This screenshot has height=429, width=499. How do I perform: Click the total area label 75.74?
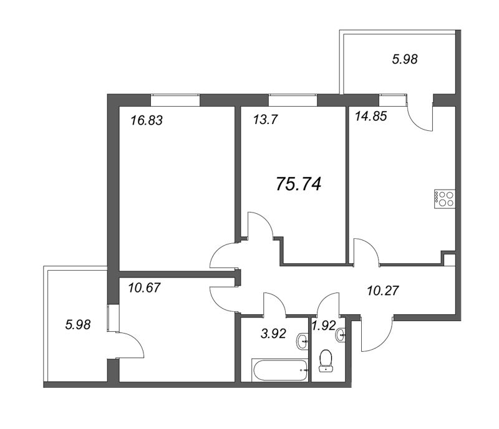(299, 184)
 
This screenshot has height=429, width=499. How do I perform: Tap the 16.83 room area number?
(147, 120)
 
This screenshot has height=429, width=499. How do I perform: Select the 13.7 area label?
(266, 120)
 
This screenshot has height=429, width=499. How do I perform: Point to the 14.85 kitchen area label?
(371, 116)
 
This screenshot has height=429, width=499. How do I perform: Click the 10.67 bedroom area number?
(144, 287)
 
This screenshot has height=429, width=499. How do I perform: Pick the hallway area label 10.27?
(383, 291)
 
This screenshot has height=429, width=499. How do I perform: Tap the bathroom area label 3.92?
(273, 334)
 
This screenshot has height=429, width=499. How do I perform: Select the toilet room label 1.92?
(324, 325)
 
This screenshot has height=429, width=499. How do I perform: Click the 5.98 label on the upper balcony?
(405, 59)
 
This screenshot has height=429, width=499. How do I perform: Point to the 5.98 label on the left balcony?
(78, 325)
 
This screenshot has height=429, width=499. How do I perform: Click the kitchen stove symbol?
(445, 200)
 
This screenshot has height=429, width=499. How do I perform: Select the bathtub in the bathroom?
(280, 370)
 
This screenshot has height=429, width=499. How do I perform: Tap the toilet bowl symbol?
(326, 361)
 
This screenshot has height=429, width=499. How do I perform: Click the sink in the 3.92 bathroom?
(303, 342)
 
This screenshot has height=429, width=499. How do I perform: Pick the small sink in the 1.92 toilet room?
(341, 335)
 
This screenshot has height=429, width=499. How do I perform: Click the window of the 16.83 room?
(175, 100)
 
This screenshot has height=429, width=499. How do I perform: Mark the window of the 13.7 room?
(293, 100)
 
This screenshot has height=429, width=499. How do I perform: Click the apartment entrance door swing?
(377, 334)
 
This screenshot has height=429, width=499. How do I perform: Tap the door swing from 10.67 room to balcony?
(131, 345)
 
